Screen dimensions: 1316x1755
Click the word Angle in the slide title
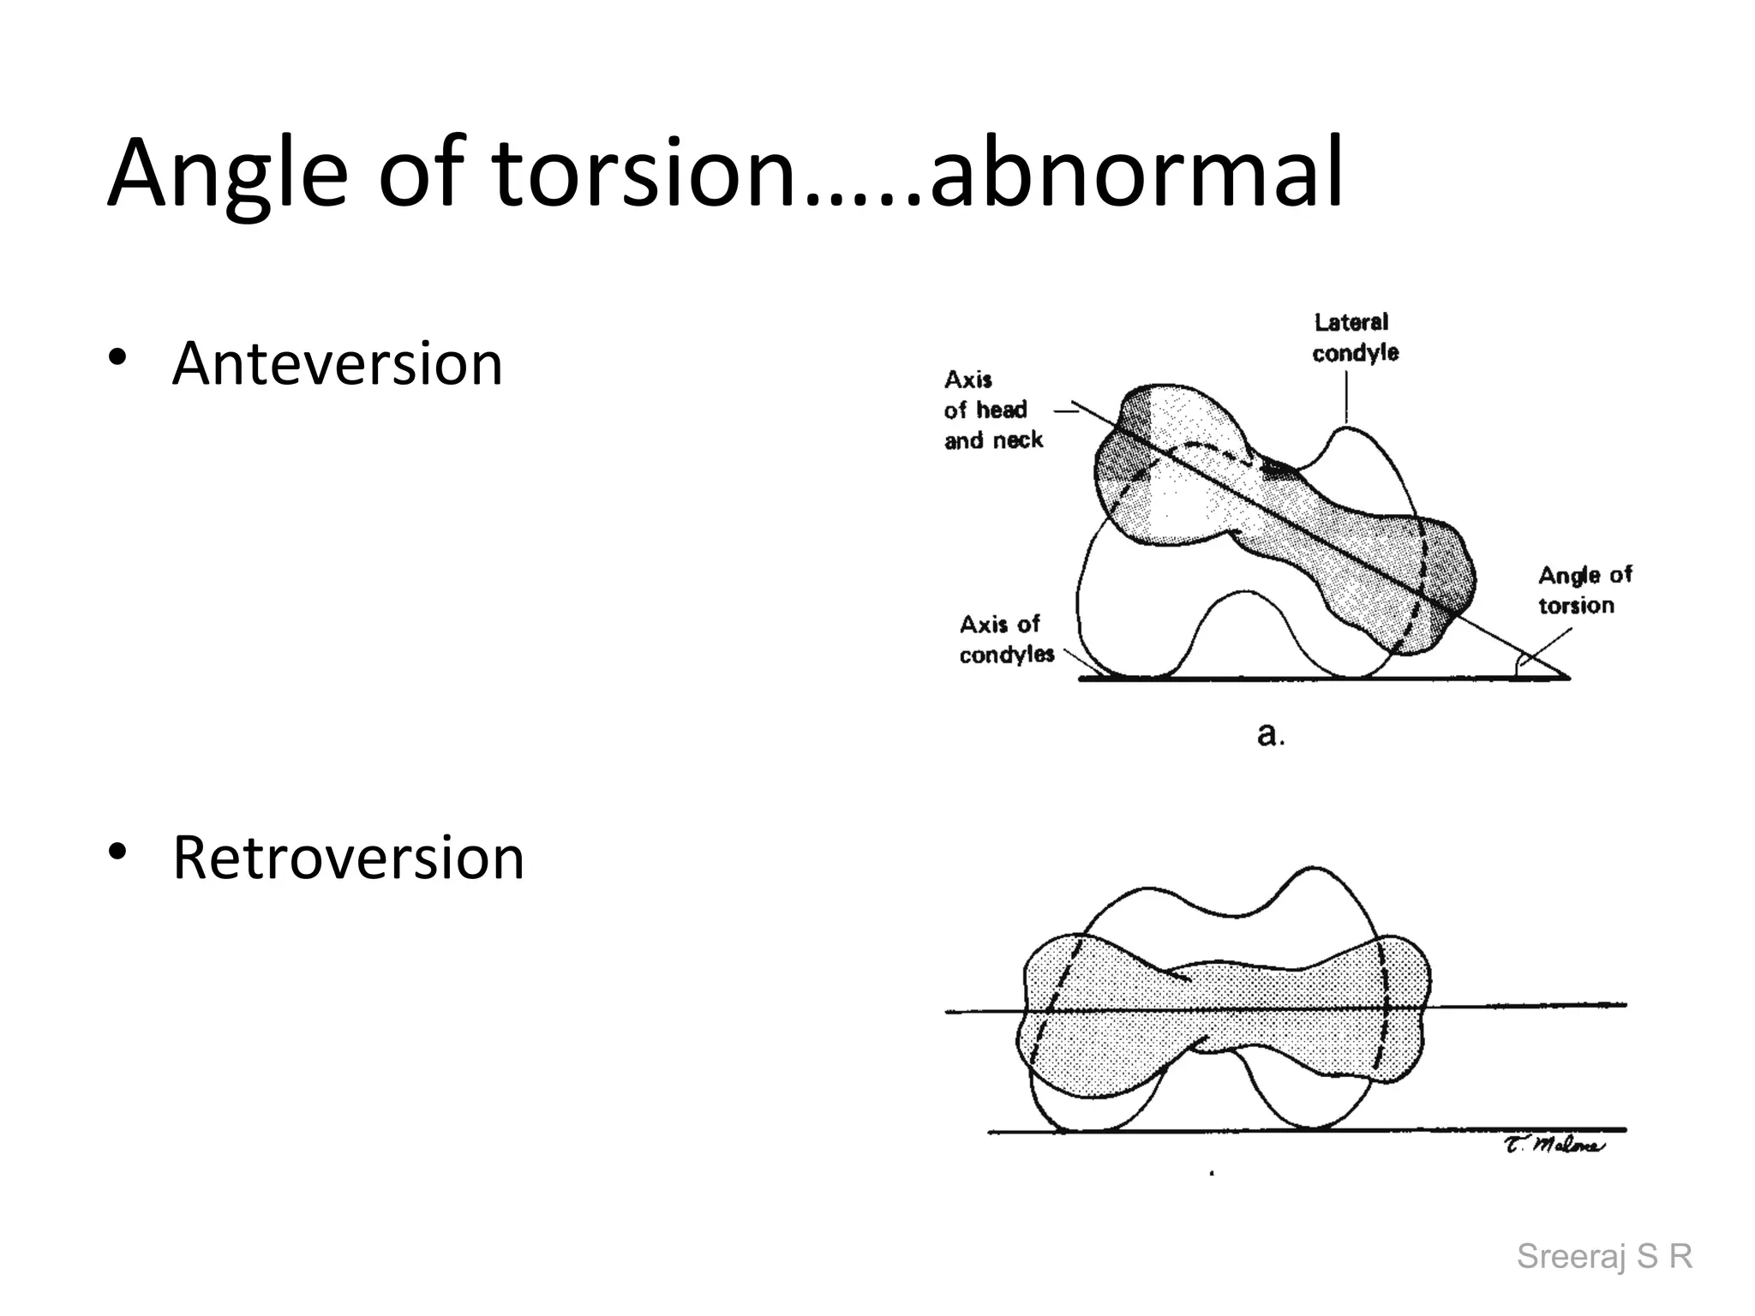point(227,176)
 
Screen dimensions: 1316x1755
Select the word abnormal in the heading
point(1136,176)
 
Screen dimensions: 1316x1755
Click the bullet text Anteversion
point(337,364)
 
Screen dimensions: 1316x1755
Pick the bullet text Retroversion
point(348,858)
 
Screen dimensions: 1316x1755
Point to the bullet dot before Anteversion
point(117,357)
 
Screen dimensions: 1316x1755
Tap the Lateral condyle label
point(1354,338)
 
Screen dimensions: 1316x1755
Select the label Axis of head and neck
point(992,410)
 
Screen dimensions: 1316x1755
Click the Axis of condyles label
point(1006,639)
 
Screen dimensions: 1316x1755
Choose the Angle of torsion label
point(1584,590)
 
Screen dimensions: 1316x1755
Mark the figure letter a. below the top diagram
point(1270,734)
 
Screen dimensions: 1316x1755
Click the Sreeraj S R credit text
point(1604,1256)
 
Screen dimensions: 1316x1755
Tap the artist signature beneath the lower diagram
point(1554,1145)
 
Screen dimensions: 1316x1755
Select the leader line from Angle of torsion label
point(1547,647)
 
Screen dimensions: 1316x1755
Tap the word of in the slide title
point(420,176)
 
